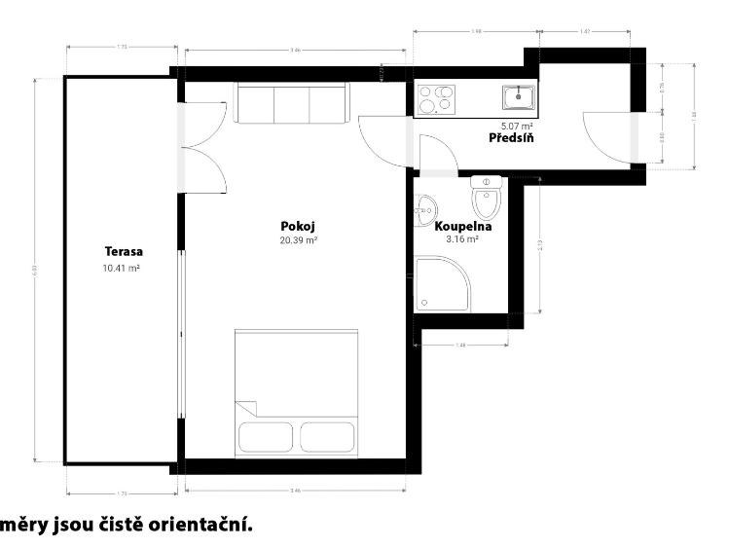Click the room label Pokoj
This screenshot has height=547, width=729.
point(298,227)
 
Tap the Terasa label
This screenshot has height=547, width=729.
point(122,252)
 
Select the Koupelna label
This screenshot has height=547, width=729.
point(462,226)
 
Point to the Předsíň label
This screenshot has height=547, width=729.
point(510,138)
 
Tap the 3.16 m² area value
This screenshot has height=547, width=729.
point(462,238)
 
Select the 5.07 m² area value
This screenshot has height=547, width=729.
point(517,126)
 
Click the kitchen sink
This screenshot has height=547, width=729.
point(519,97)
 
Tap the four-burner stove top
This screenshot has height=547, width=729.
point(436,98)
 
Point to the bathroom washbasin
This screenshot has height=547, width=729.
point(424,209)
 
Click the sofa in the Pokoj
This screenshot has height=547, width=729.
point(290,104)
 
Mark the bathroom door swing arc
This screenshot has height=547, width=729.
point(437,154)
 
